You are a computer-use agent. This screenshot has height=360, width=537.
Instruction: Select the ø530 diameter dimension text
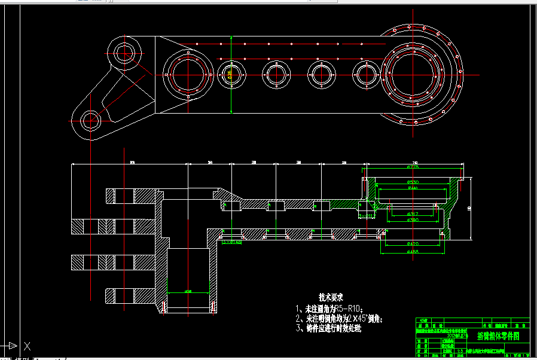(x=413, y=182)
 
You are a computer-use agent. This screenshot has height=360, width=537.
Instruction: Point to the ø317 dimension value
(x=413, y=213)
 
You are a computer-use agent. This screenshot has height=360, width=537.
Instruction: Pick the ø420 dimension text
(x=413, y=244)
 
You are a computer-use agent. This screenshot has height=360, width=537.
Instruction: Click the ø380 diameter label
(x=413, y=220)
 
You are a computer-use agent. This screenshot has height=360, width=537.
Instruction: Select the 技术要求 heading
(x=331, y=297)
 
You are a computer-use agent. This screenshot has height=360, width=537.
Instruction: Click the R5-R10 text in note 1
(x=345, y=309)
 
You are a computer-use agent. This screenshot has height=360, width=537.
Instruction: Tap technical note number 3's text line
(x=329, y=328)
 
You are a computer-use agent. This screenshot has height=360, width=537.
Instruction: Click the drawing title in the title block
(x=498, y=337)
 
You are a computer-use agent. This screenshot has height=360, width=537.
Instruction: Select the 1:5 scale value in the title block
(x=459, y=351)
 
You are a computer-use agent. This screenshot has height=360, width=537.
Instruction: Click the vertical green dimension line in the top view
(x=231, y=75)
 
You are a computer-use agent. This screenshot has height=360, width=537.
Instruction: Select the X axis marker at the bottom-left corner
(x=26, y=345)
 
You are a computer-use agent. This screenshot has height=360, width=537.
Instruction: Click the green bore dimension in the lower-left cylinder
(x=188, y=292)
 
